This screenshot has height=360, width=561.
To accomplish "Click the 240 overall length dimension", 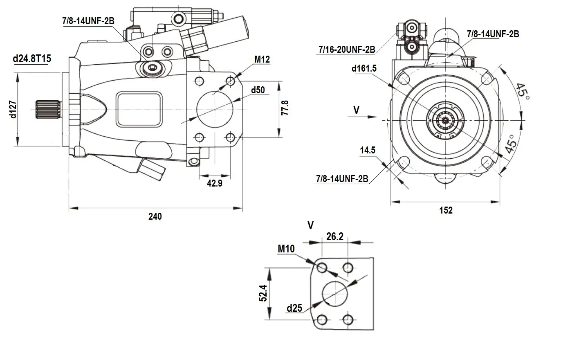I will coord(155,216).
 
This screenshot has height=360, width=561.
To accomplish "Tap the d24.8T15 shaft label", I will coord(32,59).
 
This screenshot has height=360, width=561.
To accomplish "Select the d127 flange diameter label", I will coord(13,109).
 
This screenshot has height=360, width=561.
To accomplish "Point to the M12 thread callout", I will coord(262,60).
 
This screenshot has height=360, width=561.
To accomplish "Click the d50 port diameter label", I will coord(258,90).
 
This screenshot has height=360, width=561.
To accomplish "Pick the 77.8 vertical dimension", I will coord(285,108).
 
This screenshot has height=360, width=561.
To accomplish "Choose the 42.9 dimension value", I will coord(214,183).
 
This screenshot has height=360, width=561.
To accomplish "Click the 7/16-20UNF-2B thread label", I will coord(347,49).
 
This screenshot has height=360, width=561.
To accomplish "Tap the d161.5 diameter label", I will coord(364,68).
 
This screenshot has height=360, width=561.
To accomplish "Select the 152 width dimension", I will coord(446,210).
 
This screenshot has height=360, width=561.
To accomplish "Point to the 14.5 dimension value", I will coord(368,151).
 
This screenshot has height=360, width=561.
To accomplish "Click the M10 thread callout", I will coord(286,248).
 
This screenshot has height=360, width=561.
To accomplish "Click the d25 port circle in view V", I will coord(335,293).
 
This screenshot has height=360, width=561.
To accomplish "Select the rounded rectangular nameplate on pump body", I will coord(139,109).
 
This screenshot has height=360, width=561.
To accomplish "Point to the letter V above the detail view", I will coord(311,225).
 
